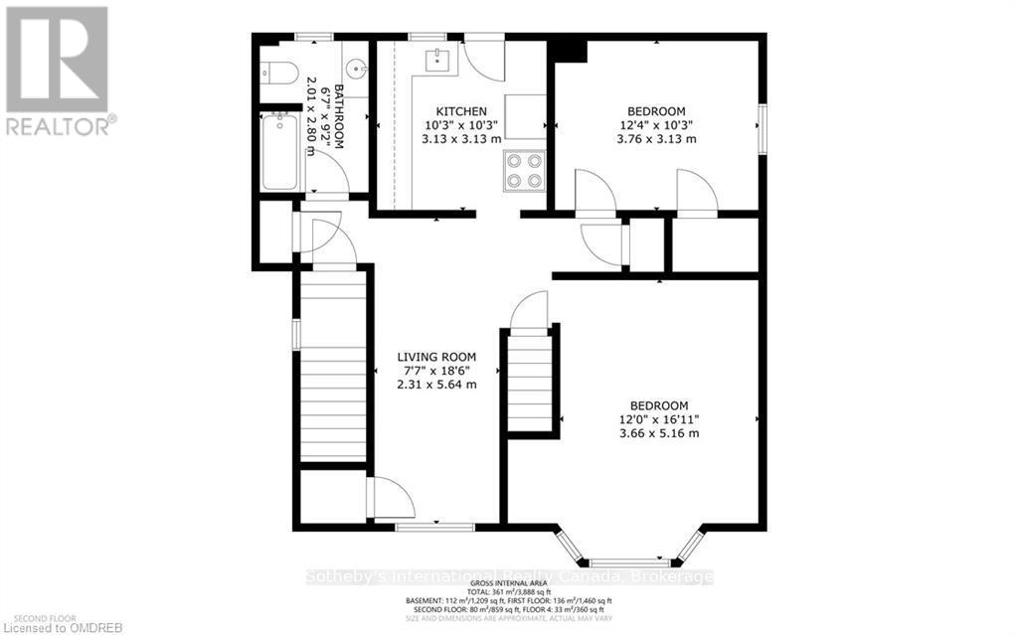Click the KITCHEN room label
461,110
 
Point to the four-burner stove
523,169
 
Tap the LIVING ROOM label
436,357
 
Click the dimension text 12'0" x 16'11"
659,419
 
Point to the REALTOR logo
57,70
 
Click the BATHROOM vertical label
338,117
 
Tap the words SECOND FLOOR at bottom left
31,614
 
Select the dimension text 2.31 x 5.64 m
436,385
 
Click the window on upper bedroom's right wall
763,128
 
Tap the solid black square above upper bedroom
569,49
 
